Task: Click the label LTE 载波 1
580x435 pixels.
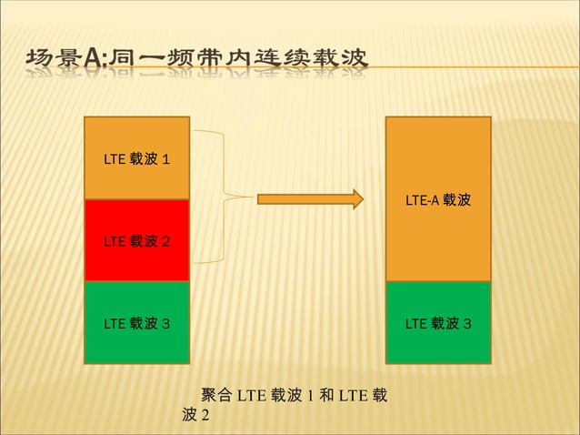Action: (135, 159)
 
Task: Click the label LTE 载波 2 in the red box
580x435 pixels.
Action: (135, 241)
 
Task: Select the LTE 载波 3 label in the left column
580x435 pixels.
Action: (135, 322)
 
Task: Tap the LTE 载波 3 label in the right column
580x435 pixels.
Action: (437, 322)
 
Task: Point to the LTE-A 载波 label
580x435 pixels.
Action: (438, 199)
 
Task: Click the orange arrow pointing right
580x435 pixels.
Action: (310, 199)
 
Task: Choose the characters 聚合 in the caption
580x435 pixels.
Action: (216, 396)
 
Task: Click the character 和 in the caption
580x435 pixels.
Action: (325, 396)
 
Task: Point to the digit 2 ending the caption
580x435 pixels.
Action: (205, 415)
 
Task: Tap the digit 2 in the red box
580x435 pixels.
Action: (165, 241)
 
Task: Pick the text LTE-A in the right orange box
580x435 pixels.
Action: (422, 199)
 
